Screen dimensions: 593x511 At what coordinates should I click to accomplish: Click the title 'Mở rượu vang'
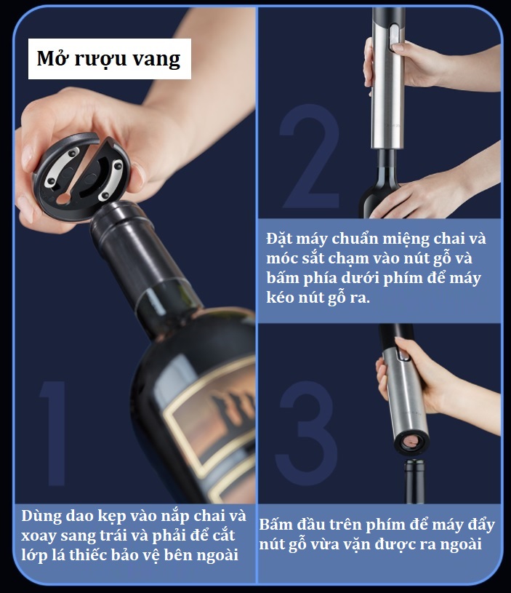point(110,58)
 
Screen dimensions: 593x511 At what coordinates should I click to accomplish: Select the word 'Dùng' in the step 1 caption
point(42,517)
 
